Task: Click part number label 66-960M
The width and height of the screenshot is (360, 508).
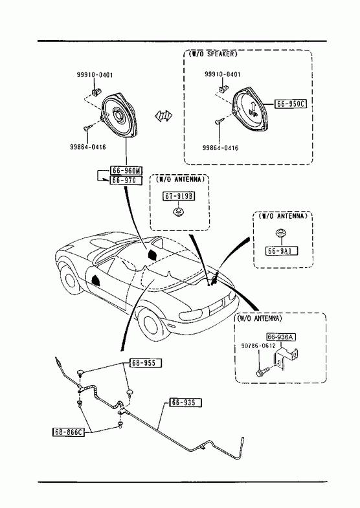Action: [127, 170]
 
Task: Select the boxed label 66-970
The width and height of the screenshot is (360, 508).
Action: [126, 180]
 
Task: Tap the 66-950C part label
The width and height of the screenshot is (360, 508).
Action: [291, 104]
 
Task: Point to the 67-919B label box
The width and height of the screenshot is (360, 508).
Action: [179, 196]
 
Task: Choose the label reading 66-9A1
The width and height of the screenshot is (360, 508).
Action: [282, 250]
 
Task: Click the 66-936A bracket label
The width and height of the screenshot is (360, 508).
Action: [281, 337]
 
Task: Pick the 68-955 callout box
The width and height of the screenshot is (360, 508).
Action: [146, 363]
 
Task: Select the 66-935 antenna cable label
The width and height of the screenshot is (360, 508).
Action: [185, 403]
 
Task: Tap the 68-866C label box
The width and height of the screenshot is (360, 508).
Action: [68, 432]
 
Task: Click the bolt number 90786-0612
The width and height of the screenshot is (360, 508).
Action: [258, 346]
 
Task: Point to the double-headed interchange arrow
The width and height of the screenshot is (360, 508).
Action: [163, 115]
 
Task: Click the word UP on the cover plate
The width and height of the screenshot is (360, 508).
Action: [253, 113]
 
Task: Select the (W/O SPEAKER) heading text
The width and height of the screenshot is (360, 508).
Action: [213, 54]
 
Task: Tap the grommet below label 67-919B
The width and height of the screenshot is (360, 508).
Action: [177, 212]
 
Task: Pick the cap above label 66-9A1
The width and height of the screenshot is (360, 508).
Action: [280, 232]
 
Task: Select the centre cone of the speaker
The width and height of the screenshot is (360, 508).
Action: [117, 115]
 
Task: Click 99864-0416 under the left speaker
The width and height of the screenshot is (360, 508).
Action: [88, 147]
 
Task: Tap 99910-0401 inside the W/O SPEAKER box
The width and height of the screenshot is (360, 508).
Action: [223, 74]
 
